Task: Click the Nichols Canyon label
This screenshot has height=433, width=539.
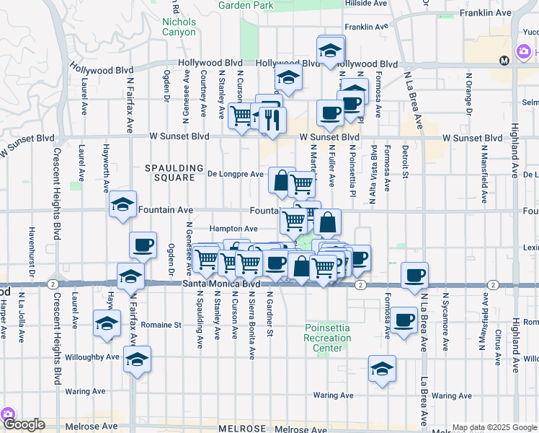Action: tap(179, 27)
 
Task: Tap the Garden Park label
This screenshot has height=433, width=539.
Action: tap(246, 5)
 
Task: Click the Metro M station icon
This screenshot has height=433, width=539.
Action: tap(504, 60)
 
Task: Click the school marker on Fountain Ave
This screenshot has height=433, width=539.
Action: tap(123, 204)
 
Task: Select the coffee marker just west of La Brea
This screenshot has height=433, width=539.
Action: tap(415, 275)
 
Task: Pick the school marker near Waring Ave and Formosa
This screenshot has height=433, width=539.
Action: tap(381, 369)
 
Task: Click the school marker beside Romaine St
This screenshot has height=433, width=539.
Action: tap(107, 323)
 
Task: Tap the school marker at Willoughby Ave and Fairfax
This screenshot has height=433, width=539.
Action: tap(136, 359)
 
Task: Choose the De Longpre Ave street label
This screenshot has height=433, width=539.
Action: tap(236, 174)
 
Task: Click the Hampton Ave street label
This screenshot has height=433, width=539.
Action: tap(233, 229)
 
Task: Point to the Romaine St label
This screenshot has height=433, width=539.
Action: tap(161, 325)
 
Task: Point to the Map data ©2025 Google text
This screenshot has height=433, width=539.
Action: tap(494, 427)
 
